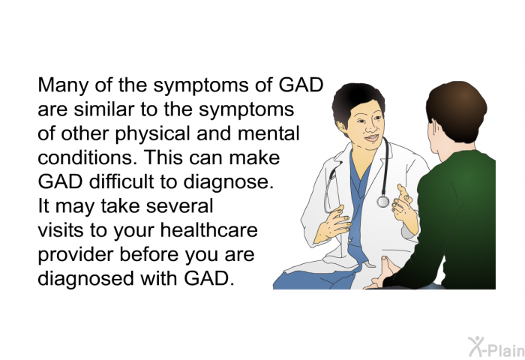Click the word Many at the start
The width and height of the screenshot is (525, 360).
tap(64, 85)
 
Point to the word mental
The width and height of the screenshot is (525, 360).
tap(268, 133)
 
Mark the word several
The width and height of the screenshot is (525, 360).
tap(179, 206)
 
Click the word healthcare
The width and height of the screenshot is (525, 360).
tap(209, 230)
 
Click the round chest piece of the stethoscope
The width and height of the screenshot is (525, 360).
tap(382, 202)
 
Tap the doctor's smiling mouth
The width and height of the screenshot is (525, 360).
tap(372, 138)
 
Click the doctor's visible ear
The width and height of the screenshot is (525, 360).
tap(342, 128)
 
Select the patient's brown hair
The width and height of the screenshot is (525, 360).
tap(456, 109)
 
